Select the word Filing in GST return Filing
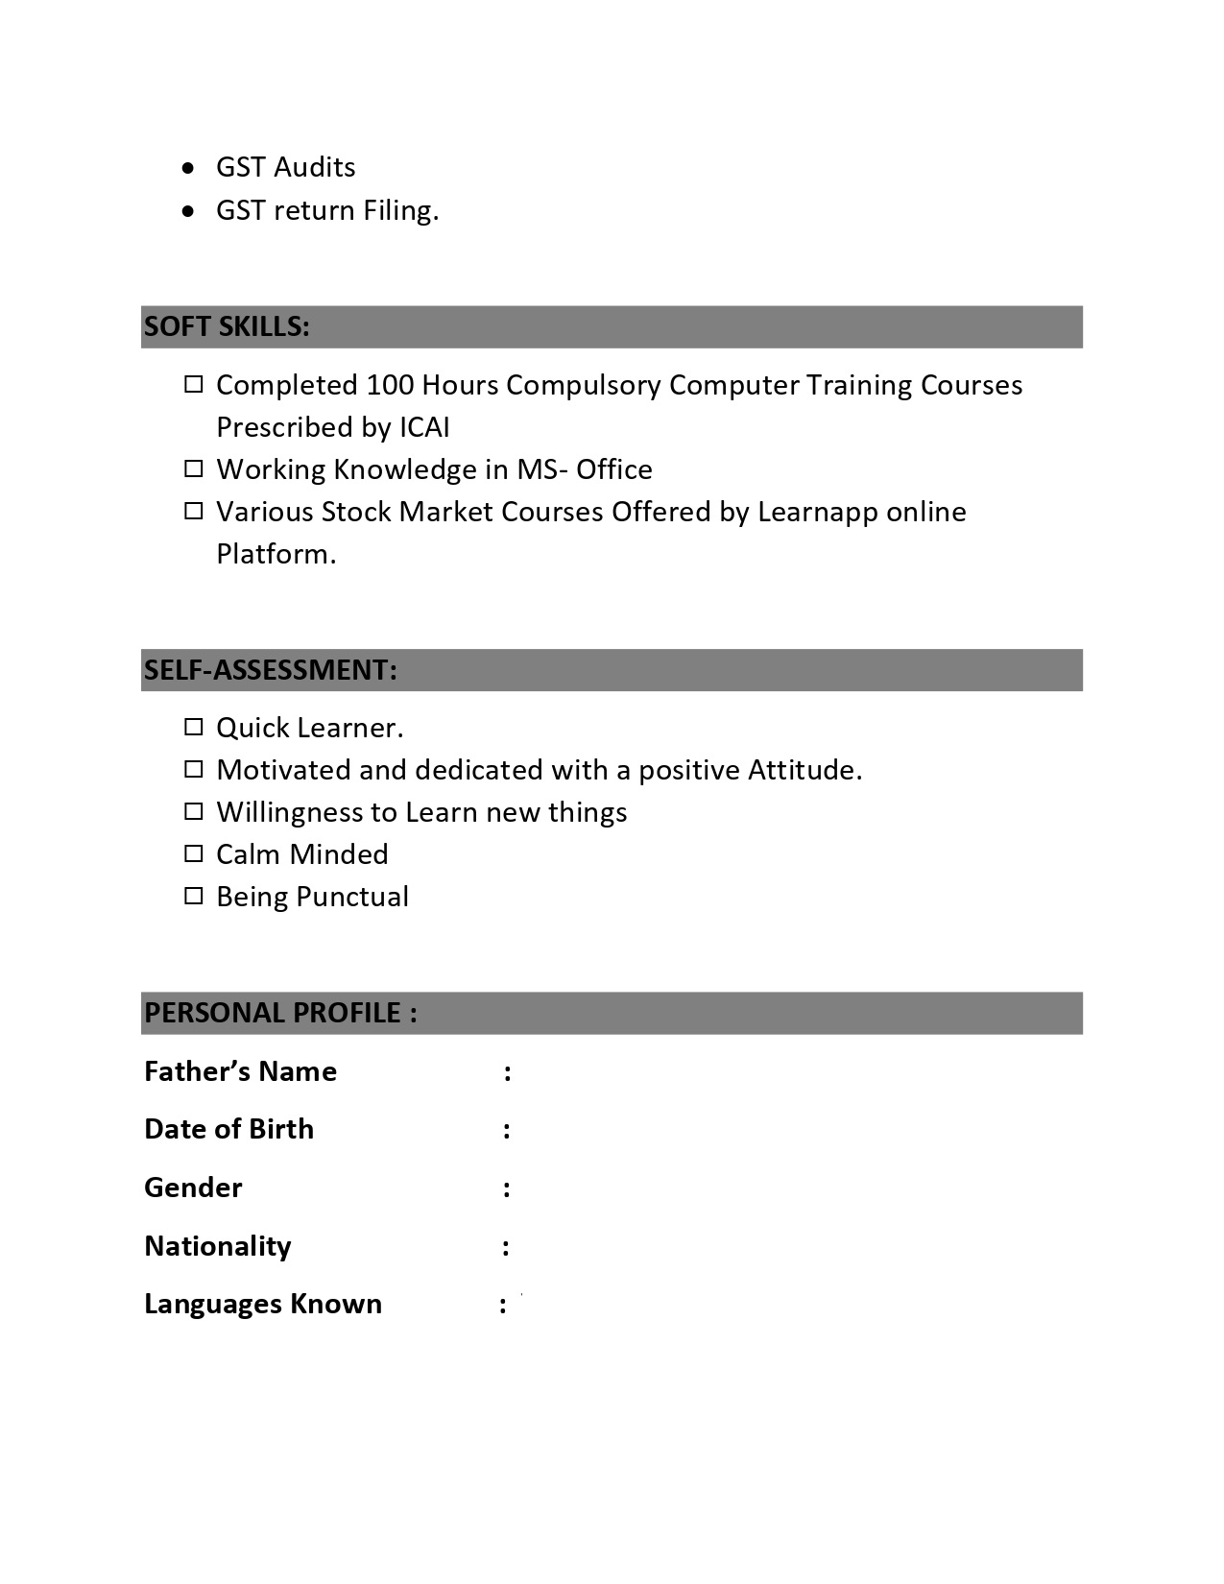tap(400, 210)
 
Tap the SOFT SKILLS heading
tap(227, 327)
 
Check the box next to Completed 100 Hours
tap(194, 385)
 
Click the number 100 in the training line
tap(390, 385)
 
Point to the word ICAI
tap(424, 427)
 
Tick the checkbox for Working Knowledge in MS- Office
tap(194, 469)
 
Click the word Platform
tap(276, 554)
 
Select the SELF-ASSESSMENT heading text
tap(270, 670)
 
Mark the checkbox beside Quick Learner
tap(194, 728)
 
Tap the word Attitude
tap(804, 770)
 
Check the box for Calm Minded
tap(194, 854)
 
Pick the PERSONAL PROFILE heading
tap(280, 1013)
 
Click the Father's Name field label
tap(240, 1071)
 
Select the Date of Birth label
tap(228, 1129)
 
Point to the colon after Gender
tap(506, 1188)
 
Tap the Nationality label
tap(218, 1246)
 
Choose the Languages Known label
tap(263, 1304)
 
